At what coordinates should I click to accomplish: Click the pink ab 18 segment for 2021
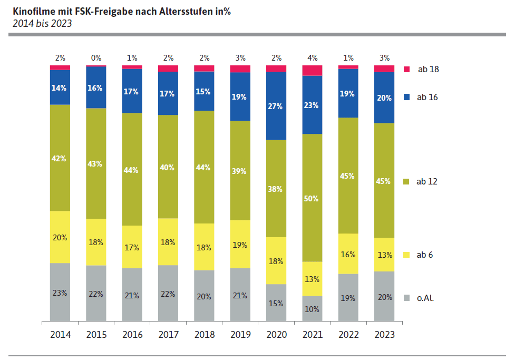point(312,71)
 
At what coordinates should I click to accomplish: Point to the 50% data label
point(312,198)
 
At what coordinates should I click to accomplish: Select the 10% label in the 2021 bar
point(312,309)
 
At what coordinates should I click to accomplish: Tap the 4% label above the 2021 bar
point(312,58)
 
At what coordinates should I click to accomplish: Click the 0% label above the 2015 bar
point(96,58)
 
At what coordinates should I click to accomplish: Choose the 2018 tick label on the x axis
point(204,335)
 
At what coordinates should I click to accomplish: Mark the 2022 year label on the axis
point(348,335)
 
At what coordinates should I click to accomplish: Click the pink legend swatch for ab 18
point(406,69)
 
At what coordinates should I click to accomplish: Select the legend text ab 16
point(427,97)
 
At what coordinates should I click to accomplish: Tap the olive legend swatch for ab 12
point(406,181)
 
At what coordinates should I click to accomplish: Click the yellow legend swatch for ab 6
point(406,255)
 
